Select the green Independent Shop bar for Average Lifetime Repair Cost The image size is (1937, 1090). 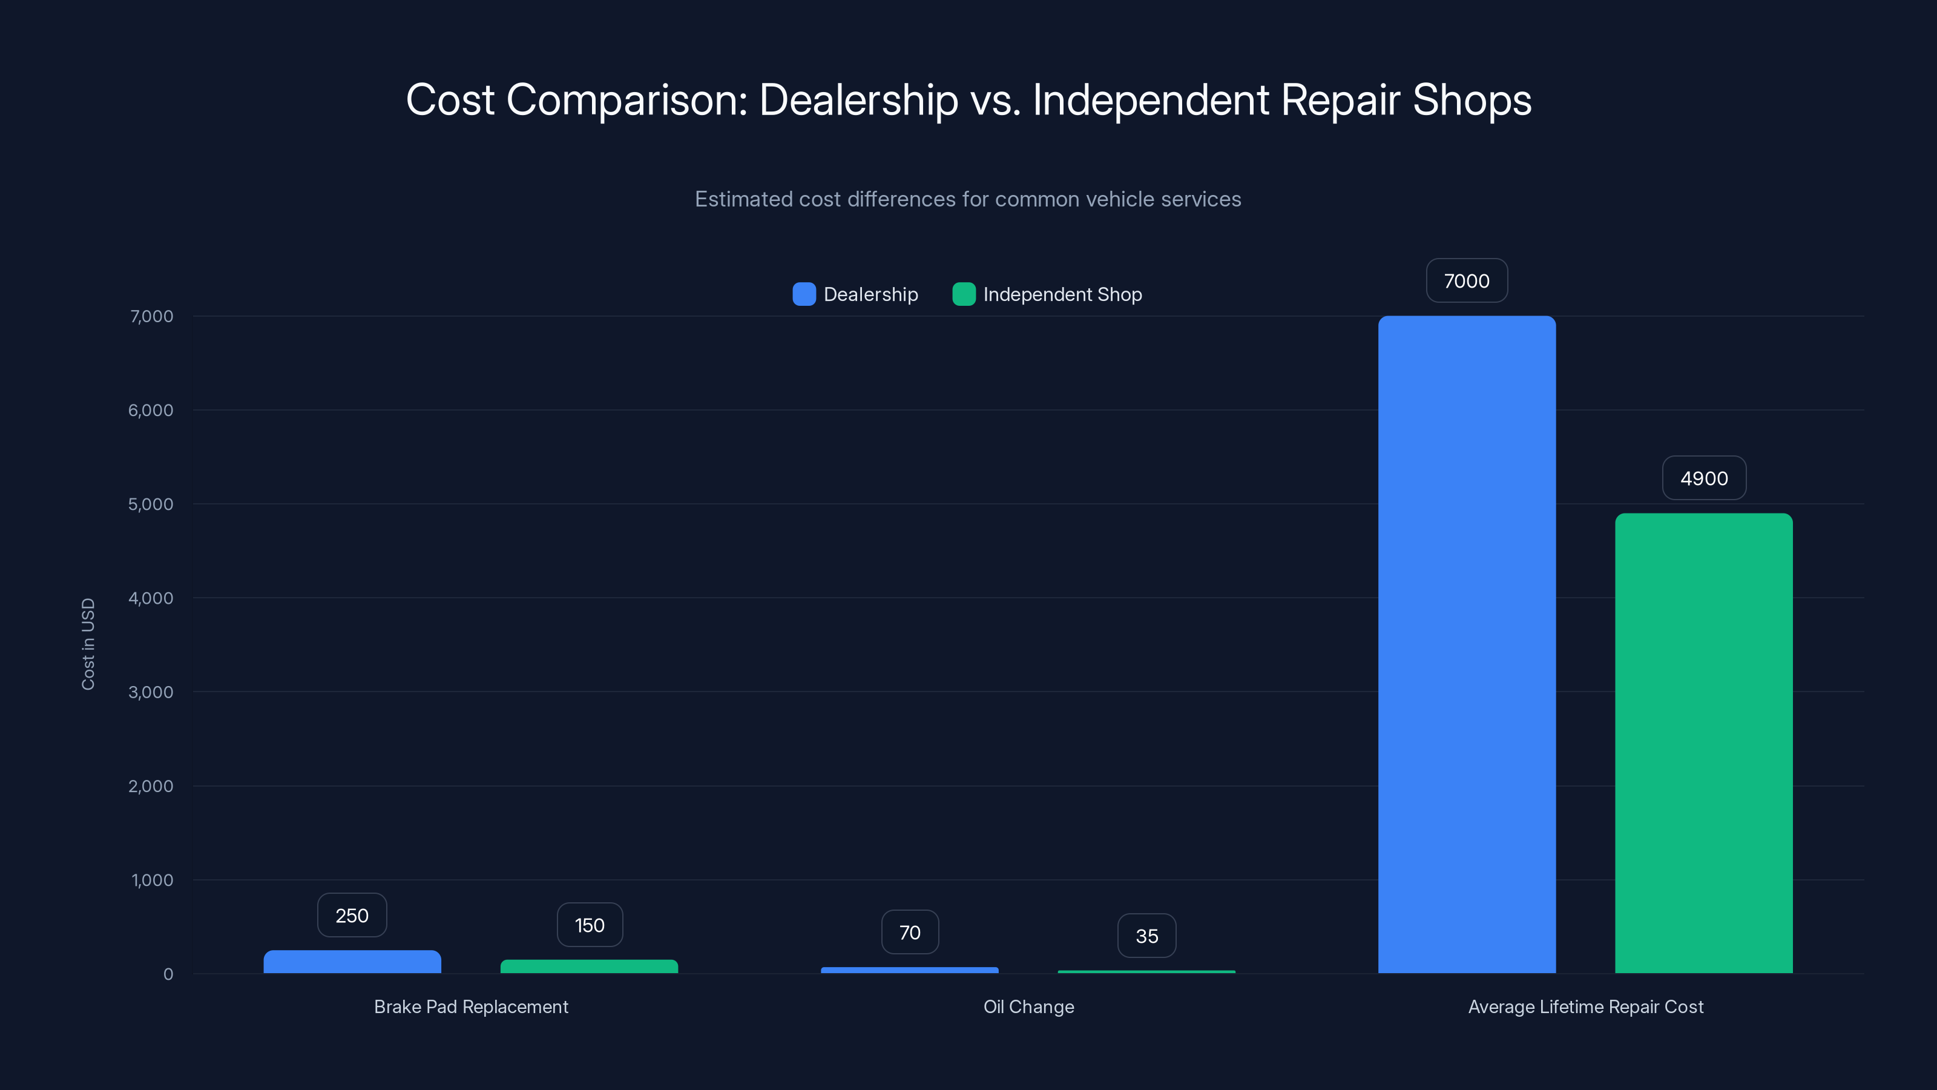click(x=1703, y=743)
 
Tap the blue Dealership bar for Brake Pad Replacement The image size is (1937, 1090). click(x=352, y=962)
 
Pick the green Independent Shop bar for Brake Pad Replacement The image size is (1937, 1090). click(x=589, y=966)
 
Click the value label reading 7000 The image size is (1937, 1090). click(x=1466, y=280)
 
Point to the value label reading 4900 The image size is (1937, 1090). click(x=1703, y=478)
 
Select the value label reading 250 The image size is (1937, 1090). click(x=352, y=916)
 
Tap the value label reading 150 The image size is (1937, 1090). click(x=590, y=925)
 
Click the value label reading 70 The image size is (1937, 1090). click(x=910, y=933)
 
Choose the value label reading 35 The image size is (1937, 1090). click(x=1146, y=936)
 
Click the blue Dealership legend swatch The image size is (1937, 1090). click(x=804, y=294)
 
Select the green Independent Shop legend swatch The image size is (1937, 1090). click(x=963, y=294)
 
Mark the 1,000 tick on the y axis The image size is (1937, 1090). click(x=152, y=880)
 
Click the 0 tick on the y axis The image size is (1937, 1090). click(x=168, y=974)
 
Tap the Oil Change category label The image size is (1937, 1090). click(x=1028, y=1006)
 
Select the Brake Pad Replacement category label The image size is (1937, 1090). click(x=471, y=1006)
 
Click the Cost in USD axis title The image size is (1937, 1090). click(x=88, y=644)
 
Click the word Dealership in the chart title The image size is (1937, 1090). click(x=859, y=100)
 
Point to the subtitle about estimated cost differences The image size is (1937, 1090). click(x=968, y=199)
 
